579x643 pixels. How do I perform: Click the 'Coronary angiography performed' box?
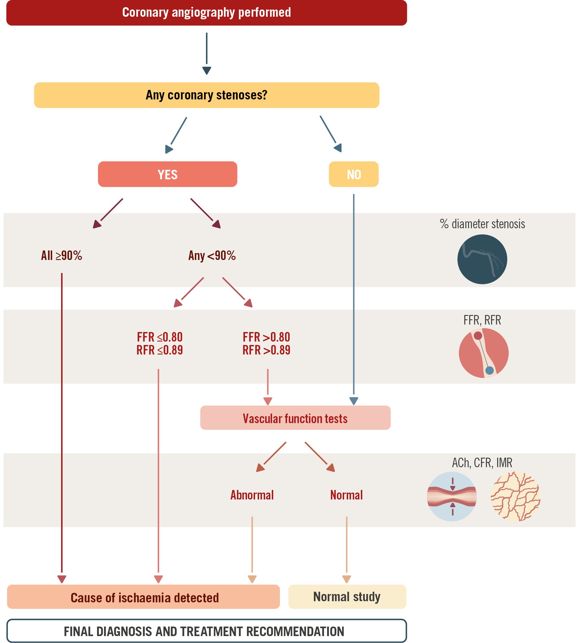pos(206,13)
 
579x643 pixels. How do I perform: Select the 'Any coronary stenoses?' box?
pos(206,95)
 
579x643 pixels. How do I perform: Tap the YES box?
pos(167,174)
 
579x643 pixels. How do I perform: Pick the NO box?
pos(353,174)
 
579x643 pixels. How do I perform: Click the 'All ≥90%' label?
pos(61,255)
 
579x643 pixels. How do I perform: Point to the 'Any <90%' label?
pos(212,255)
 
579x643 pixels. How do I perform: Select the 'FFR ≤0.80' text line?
pos(160,337)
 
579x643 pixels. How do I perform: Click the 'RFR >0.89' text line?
pos(266,350)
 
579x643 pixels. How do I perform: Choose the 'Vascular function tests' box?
pos(295,418)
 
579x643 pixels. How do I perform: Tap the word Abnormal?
pos(252,495)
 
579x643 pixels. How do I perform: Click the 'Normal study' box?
pos(347,597)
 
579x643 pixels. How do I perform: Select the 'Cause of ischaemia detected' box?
pos(144,597)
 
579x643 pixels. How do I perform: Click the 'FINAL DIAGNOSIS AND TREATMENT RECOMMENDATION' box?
pos(206,631)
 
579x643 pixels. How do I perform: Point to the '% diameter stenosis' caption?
pos(482,224)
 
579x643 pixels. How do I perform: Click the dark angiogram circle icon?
pos(482,259)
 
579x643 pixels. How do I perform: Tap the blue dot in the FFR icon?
pos(490,370)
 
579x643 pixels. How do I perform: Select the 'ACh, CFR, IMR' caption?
pos(482,463)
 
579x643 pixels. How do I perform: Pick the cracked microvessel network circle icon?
pos(515,496)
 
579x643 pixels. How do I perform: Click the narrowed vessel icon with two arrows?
pos(452,496)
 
